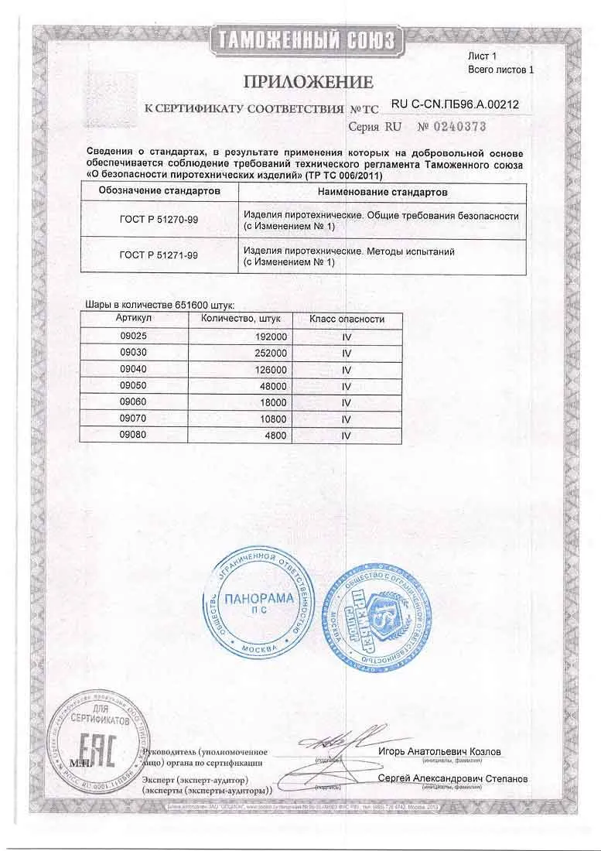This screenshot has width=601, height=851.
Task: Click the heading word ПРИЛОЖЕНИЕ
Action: point(309,81)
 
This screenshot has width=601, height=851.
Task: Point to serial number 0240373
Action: point(453,126)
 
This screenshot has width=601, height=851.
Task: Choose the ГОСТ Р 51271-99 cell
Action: point(159,257)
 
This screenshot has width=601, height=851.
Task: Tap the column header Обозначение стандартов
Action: point(159,190)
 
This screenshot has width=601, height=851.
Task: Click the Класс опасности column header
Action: point(347,319)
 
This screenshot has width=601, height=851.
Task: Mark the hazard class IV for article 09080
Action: point(347,435)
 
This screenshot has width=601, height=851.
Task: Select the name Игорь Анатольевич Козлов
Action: point(440,751)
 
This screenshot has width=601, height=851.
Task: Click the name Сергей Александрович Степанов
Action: point(452,778)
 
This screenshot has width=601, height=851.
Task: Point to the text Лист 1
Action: point(483,56)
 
